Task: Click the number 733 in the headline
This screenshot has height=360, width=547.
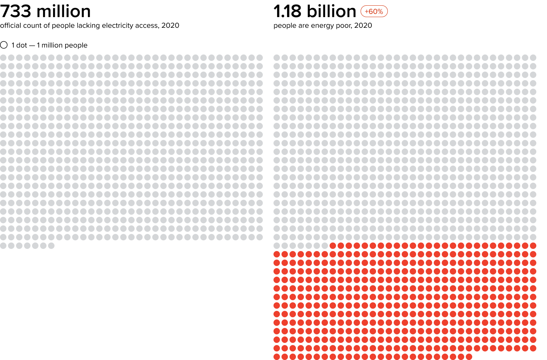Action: (16, 11)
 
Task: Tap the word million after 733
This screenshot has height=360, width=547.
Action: (64, 11)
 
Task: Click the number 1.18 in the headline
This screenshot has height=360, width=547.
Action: (287, 11)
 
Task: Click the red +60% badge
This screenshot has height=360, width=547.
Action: (374, 11)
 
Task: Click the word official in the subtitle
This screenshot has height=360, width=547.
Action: (11, 26)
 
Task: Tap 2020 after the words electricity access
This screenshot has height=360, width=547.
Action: (170, 26)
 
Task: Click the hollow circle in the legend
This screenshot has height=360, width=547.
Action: (4, 45)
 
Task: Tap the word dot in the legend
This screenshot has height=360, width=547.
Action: (22, 45)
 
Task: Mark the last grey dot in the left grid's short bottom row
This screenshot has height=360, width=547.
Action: (51, 246)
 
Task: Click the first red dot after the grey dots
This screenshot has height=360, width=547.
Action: (333, 246)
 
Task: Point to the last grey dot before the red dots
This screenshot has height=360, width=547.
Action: (325, 246)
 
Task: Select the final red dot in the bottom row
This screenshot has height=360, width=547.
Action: (469, 357)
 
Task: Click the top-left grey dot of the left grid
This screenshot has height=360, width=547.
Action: (3, 58)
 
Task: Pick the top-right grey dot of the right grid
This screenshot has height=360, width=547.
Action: (533, 58)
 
